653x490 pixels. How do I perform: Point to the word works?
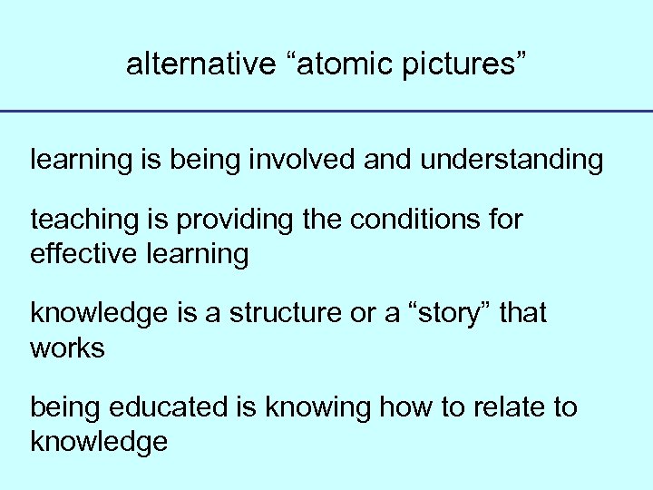click(68, 348)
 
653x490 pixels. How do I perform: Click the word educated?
click(178, 408)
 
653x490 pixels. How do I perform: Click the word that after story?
click(523, 314)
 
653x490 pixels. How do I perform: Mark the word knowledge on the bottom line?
click(99, 442)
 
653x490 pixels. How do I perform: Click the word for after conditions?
click(503, 220)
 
